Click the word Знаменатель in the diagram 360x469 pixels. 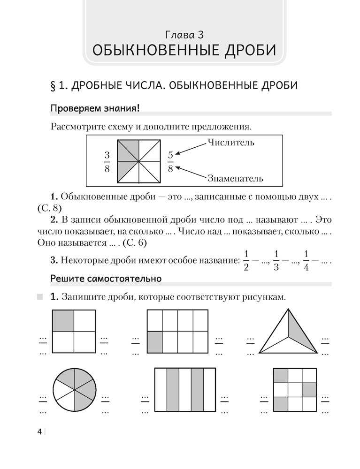pyautogui.click(x=234, y=178)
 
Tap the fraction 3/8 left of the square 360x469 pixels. pyautogui.click(x=107, y=162)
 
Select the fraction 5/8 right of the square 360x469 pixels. pyautogui.click(x=170, y=162)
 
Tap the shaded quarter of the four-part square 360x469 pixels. pyautogui.click(x=63, y=320)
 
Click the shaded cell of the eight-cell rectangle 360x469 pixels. pyautogui.click(x=155, y=342)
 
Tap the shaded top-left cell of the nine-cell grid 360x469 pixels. pyautogui.click(x=281, y=375)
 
